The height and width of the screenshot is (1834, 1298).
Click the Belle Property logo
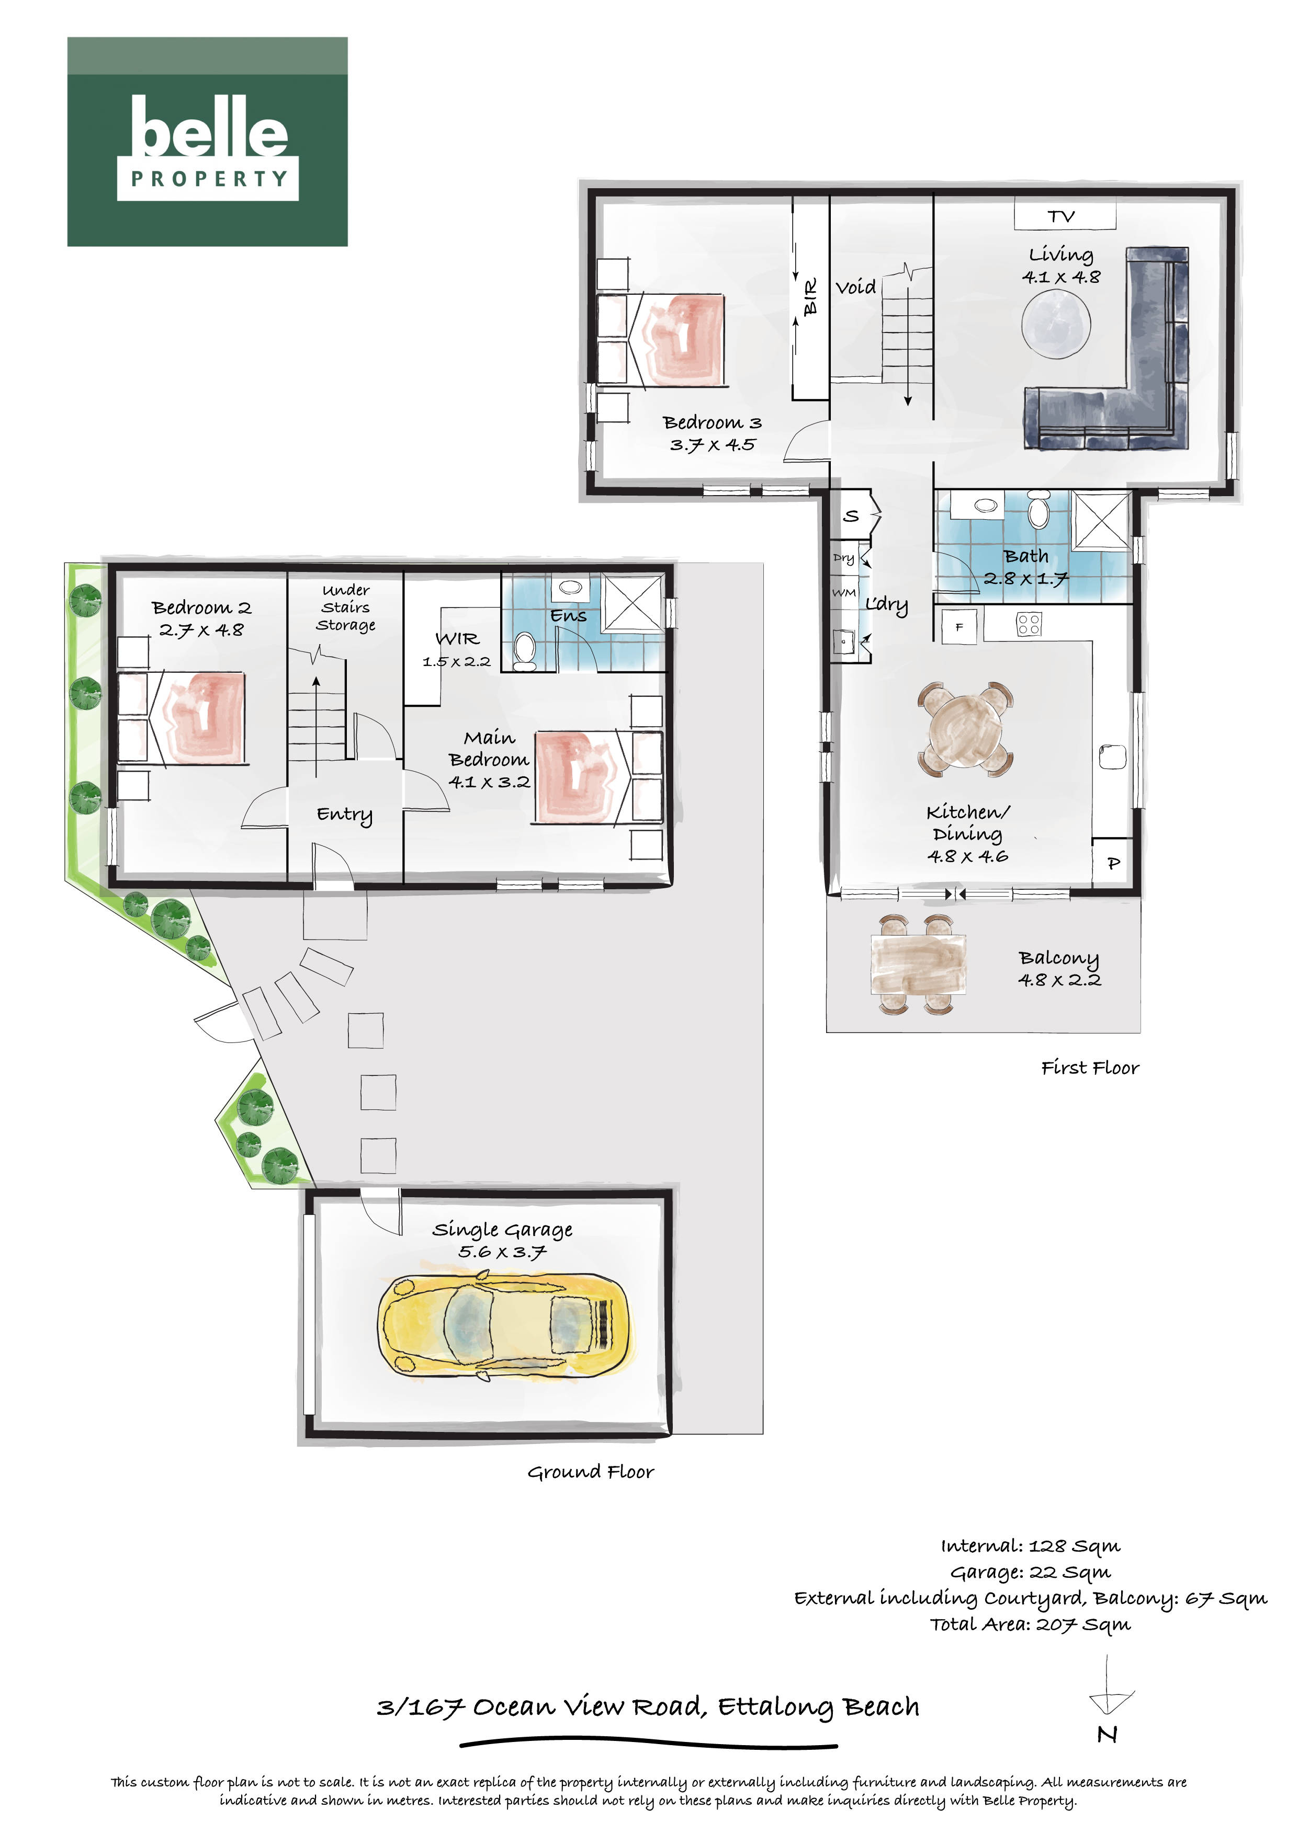coord(207,141)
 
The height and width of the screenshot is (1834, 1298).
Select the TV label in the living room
coord(1062,216)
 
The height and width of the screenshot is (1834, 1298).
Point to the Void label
coord(856,287)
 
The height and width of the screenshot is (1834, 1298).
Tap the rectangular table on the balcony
coord(918,966)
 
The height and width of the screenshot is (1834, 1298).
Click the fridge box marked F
coord(959,627)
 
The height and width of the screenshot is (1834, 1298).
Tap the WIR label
coord(457,638)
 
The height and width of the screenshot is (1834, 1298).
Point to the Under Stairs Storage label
coord(346,607)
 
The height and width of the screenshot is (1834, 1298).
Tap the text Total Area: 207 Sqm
coord(1030,1624)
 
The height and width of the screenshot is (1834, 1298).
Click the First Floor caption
coord(1090,1068)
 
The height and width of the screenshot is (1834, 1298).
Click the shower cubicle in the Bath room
coord(1101,522)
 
